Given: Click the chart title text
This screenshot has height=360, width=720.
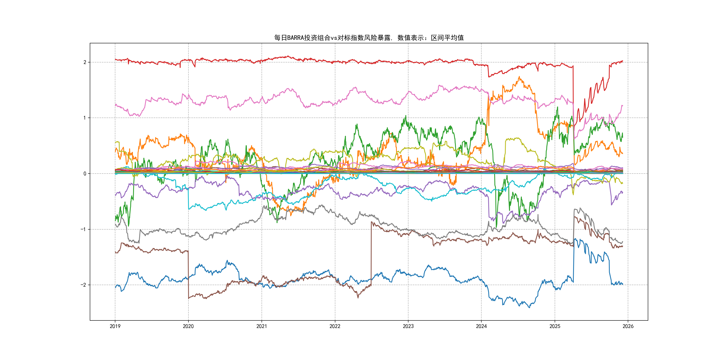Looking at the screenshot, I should [x=369, y=38].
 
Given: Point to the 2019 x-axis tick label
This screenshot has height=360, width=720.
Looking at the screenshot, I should [x=115, y=326].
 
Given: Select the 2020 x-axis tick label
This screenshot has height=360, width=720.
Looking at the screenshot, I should [x=188, y=326].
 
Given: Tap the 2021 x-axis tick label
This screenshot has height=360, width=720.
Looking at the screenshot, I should [x=262, y=326].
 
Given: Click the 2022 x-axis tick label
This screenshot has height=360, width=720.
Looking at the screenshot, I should [x=335, y=326].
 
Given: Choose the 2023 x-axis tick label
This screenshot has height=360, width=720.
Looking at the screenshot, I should [x=408, y=326].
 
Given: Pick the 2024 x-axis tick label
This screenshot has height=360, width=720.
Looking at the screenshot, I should [x=481, y=326].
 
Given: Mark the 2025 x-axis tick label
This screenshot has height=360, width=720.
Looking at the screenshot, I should [x=555, y=326].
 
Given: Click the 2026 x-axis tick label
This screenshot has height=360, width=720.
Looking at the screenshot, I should [x=628, y=326].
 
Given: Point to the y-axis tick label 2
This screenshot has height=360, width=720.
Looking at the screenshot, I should [x=85, y=62].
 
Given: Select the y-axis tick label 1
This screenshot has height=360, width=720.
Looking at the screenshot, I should [x=85, y=118].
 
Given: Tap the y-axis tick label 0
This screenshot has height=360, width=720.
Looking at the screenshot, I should [x=85, y=174].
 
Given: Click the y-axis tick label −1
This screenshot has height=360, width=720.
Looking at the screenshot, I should [x=83, y=229].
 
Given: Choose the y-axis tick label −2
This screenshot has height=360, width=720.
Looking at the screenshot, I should [x=83, y=285].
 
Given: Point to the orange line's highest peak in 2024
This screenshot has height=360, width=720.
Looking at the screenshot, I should [x=519, y=77].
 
